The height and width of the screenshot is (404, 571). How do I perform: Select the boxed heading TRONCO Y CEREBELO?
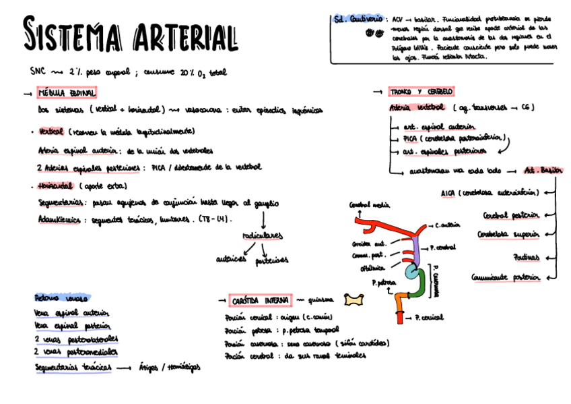[x=422, y=92]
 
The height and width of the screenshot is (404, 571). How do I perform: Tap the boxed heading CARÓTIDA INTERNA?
[x=261, y=299]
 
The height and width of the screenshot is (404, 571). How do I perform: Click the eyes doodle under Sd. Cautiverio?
[x=370, y=33]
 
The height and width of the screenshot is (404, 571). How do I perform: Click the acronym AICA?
[x=448, y=193]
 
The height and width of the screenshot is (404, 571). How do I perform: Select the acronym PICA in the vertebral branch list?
[x=411, y=138]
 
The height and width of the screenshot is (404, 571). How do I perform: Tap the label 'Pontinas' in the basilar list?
[x=525, y=257]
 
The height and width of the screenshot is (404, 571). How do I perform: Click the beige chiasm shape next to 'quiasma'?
[x=352, y=299]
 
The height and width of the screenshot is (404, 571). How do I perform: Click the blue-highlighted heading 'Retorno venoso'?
[x=61, y=297]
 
